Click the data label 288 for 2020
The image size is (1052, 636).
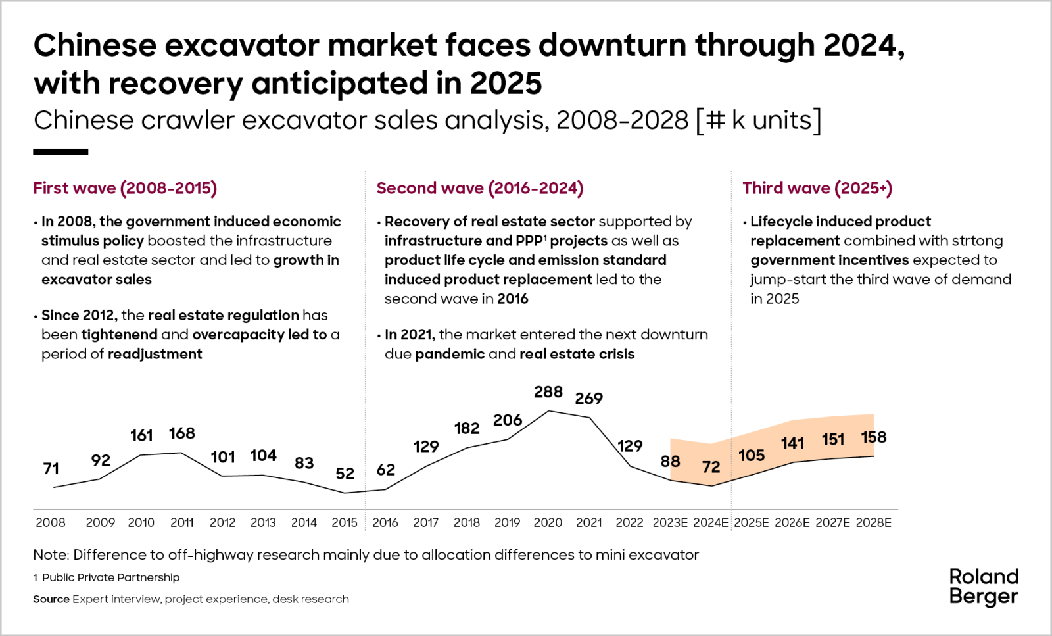click(x=548, y=392)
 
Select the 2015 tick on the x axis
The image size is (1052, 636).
click(x=345, y=522)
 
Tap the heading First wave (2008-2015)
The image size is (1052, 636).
click(x=125, y=188)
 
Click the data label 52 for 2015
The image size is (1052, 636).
click(x=345, y=474)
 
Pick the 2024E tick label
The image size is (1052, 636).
click(x=711, y=522)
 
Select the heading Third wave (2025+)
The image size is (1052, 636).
click(x=817, y=188)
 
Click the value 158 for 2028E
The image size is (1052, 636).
click(x=873, y=437)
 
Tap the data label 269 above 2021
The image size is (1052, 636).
click(x=588, y=399)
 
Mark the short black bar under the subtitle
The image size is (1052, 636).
click(x=60, y=152)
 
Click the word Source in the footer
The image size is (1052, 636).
click(x=51, y=599)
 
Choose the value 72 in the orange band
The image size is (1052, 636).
click(x=711, y=467)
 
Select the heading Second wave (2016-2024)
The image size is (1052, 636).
click(x=479, y=188)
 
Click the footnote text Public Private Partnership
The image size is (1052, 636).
click(x=110, y=577)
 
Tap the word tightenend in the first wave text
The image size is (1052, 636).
click(x=119, y=335)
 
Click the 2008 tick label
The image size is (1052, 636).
click(x=51, y=522)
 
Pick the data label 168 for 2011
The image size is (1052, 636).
click(x=181, y=433)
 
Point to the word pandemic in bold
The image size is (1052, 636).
click(x=450, y=354)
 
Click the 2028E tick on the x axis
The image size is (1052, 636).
click(x=873, y=522)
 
